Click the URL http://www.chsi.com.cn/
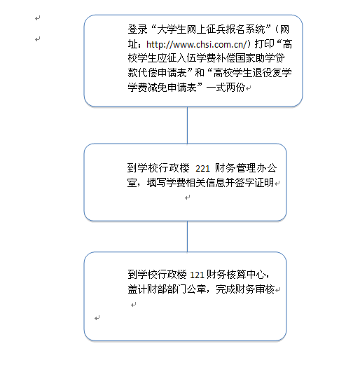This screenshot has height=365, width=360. tap(196, 44)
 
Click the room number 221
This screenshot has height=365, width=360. tap(202, 169)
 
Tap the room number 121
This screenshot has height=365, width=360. tap(197, 275)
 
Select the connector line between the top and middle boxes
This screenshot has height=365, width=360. tap(187, 125)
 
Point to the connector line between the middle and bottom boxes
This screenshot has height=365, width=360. tap(187, 236)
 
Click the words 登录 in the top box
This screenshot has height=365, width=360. tap(137, 29)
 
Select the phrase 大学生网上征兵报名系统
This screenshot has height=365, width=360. tap(211, 29)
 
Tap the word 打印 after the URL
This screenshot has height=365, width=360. tap(264, 44)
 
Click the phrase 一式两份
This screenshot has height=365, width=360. tap(226, 88)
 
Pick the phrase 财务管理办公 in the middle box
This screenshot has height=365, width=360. tap(246, 168)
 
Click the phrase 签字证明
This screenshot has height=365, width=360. tap(254, 183)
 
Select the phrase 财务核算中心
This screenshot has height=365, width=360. tap(236, 275)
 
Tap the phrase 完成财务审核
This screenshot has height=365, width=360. tap(245, 289)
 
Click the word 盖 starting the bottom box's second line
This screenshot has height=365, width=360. tap(132, 289)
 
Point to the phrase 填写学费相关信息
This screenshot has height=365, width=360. tap(186, 183)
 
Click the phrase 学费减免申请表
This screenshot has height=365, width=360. tap(162, 88)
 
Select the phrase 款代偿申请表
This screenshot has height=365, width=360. tap(157, 73)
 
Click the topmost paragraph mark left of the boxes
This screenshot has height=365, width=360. tap(38, 18)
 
